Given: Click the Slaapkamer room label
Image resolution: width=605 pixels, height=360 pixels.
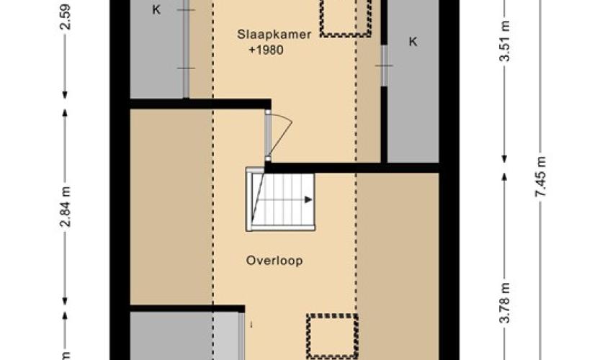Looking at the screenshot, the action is tap(274, 35).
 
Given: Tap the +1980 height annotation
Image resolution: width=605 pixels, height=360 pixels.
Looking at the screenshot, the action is tap(266, 50).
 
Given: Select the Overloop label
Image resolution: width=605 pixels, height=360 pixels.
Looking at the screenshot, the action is tap(274, 261).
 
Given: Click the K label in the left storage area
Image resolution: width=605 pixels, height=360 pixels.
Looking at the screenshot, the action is tap(156, 9).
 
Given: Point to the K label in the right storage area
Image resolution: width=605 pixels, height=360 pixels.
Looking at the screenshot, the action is tap(413, 41).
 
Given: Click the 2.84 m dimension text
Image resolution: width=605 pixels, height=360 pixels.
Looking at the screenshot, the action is tap(66, 207).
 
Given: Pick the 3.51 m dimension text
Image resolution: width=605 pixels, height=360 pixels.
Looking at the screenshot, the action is tap(505, 41).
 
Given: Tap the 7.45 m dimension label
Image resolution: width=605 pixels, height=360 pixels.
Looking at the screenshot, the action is tap(541, 176).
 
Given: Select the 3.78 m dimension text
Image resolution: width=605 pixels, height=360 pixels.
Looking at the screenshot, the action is tap(505, 303).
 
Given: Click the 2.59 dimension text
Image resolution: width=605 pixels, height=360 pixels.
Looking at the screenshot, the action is tap(66, 17).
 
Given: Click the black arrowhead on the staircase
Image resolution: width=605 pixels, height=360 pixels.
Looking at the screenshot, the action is tap(309, 199).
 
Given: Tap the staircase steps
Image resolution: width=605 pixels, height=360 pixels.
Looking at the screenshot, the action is tap(280, 199).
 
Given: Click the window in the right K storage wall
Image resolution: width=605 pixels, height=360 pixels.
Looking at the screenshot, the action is tap(384, 66).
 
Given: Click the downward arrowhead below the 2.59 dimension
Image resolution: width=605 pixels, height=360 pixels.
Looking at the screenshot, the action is tap(65, 94).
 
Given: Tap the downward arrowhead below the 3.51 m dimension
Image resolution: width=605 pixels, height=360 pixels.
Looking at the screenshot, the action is tap(504, 158).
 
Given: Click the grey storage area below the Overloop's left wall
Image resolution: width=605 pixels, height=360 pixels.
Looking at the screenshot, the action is tap(184, 336).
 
